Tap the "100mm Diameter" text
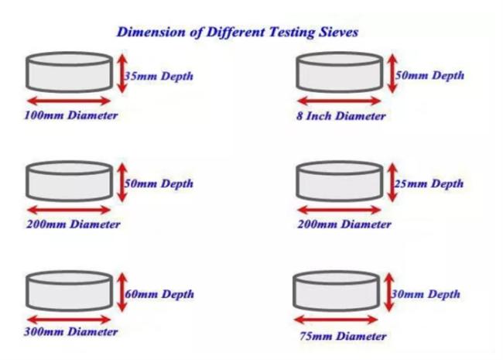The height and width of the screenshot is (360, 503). tap(71, 115)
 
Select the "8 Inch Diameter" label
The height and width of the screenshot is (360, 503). tap(341, 116)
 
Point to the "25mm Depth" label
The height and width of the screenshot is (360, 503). tap(429, 183)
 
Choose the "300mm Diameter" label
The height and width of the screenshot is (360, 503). tap(71, 331)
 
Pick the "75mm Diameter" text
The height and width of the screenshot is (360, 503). tap(342, 336)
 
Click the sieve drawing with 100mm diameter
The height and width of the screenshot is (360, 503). tap(70, 73)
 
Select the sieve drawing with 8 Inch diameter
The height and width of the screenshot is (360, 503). tap(341, 73)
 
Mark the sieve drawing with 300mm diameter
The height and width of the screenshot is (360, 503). tap(70, 290)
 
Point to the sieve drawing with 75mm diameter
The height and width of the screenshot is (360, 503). tap(337, 292)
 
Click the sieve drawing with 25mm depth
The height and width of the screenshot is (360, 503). tap(341, 182)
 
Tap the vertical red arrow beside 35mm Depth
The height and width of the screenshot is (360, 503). tap(121, 74)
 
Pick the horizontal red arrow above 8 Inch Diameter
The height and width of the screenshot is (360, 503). tap(341, 101)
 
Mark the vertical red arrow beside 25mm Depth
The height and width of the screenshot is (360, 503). tap(392, 182)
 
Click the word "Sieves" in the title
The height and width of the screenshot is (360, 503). tap(334, 33)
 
